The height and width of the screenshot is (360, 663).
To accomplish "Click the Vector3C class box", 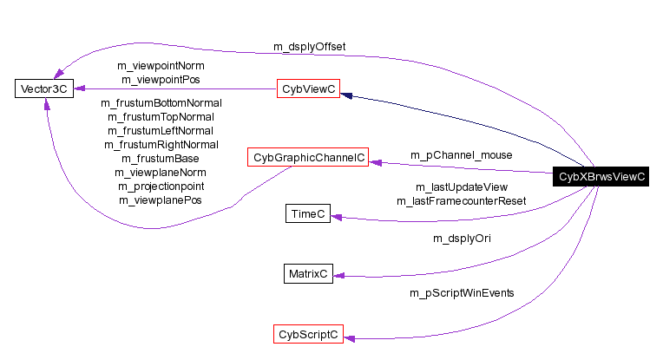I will coord(43,88).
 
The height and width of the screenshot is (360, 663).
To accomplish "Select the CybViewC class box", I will coord(307,88).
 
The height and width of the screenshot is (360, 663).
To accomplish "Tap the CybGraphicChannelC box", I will coord(308,158).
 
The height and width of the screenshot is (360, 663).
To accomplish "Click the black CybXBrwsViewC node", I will coord(602,176).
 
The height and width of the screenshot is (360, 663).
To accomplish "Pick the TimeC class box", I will coord(308,214).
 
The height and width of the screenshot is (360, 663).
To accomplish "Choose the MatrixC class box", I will coord(308,274).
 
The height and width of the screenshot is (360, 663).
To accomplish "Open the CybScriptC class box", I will coord(307,334).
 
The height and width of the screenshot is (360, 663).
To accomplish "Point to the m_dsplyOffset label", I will coord(311,46).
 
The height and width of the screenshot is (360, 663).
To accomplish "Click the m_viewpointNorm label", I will coord(162,65).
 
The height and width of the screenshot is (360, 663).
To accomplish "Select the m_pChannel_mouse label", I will coord(461,154).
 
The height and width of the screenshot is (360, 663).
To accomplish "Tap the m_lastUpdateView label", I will coord(461,187).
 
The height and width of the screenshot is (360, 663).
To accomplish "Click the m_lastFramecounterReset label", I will coord(461,201).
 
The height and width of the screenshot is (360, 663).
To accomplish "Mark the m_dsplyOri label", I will coord(462,237).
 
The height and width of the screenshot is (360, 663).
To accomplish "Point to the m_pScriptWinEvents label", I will coord(462,293).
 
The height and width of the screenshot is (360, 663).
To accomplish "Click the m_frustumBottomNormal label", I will coord(162,102).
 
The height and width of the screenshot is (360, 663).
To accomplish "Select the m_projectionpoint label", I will coord(162,186).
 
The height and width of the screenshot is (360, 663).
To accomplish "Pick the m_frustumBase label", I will coord(162,158).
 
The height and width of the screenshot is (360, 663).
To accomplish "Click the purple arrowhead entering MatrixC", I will coord(339,275).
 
